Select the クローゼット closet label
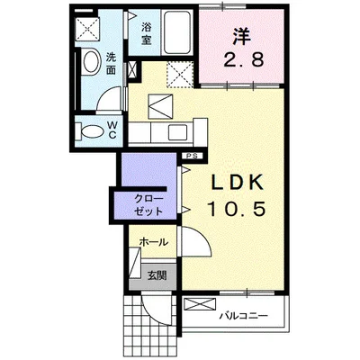click(148, 202)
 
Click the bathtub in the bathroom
click(177, 34)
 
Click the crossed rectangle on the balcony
click(197, 304)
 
